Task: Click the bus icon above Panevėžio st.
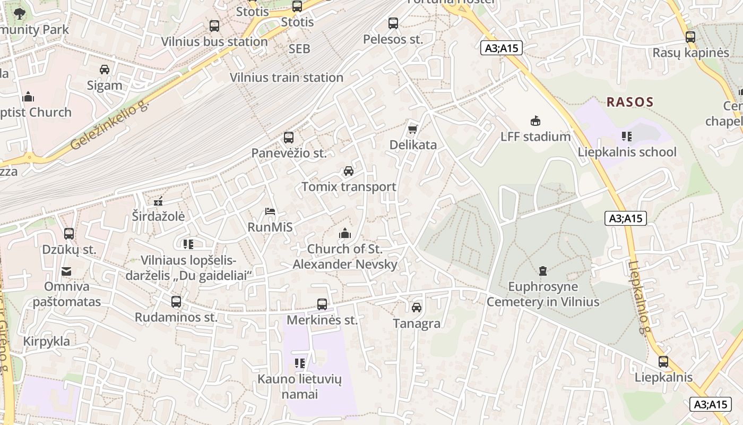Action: (289, 138)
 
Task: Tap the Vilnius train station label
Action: (286, 78)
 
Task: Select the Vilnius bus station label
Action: (214, 41)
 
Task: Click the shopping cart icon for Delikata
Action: (412, 129)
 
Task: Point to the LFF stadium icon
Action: (535, 121)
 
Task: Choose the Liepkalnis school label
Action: (627, 152)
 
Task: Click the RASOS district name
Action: (630, 102)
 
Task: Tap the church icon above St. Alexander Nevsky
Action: (345, 233)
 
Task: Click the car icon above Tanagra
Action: (417, 308)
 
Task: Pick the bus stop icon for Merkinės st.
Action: (322, 304)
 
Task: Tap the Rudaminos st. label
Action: (176, 318)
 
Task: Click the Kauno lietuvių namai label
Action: (299, 387)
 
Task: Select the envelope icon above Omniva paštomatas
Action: (66, 271)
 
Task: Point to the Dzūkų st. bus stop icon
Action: (69, 234)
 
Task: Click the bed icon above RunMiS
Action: (270, 211)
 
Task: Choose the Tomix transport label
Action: (349, 187)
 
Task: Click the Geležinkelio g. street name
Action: (109, 126)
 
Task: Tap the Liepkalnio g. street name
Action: (639, 297)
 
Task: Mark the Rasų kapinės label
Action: (690, 53)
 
